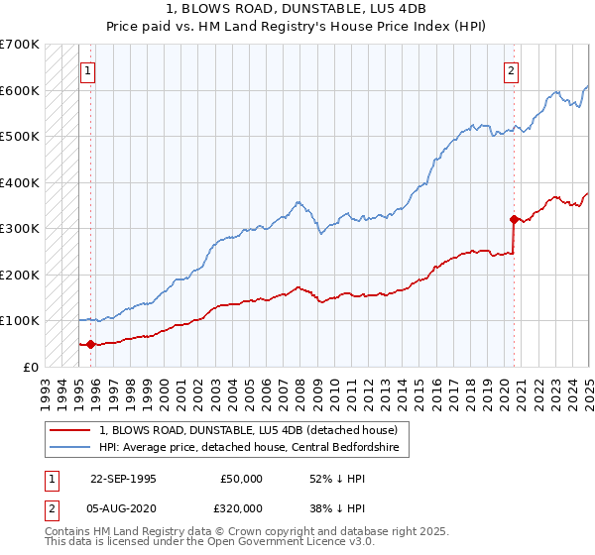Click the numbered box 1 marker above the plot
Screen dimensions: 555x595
87,70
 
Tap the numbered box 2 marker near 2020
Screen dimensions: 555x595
511,70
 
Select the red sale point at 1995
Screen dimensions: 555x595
90,344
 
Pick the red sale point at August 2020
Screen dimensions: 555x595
514,219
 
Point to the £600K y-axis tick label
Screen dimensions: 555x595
20,90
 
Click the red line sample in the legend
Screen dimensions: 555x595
70,430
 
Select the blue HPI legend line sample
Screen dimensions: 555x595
70,448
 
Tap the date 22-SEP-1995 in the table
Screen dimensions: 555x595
122,479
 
